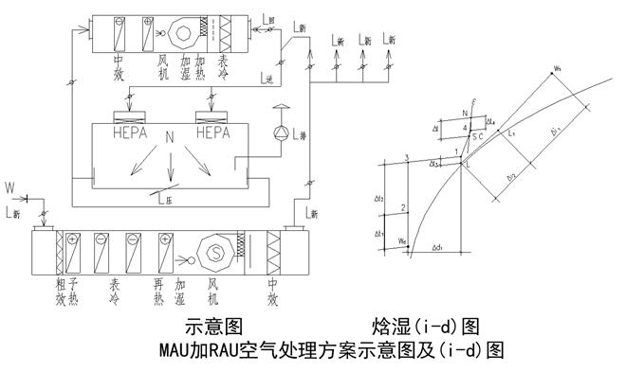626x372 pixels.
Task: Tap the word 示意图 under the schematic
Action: (217, 328)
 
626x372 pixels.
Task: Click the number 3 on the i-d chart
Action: (407, 157)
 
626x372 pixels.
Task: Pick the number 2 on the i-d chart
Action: (405, 206)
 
